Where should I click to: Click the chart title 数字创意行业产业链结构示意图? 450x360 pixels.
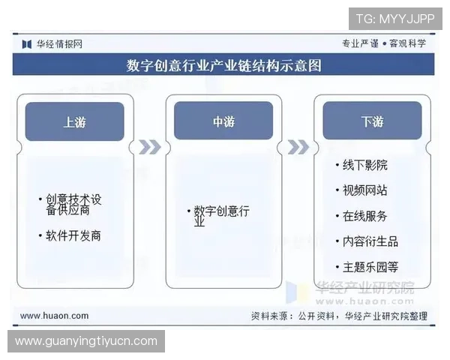pos(223,66)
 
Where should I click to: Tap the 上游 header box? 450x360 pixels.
pos(74,121)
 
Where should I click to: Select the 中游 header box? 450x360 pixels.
pos(223,121)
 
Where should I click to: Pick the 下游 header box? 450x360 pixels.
pos(372,121)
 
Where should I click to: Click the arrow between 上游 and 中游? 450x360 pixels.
pos(149,147)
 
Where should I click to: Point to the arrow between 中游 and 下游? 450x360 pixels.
pos(298,147)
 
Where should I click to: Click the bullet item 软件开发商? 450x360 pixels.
pos(73,235)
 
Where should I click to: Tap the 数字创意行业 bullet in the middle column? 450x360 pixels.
pos(221,216)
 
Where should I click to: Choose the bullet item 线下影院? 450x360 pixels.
pos(365,165)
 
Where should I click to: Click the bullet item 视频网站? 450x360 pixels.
pos(365,190)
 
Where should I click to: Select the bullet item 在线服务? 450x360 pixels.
pos(365,216)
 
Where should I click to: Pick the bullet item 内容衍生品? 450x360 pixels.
pos(370,241)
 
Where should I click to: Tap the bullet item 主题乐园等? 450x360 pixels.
pos(370,266)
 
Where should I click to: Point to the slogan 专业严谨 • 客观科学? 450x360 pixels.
pos(384,43)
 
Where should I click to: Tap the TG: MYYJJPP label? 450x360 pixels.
pos(395,18)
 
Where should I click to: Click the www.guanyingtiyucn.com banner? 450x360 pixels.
pos(86,341)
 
